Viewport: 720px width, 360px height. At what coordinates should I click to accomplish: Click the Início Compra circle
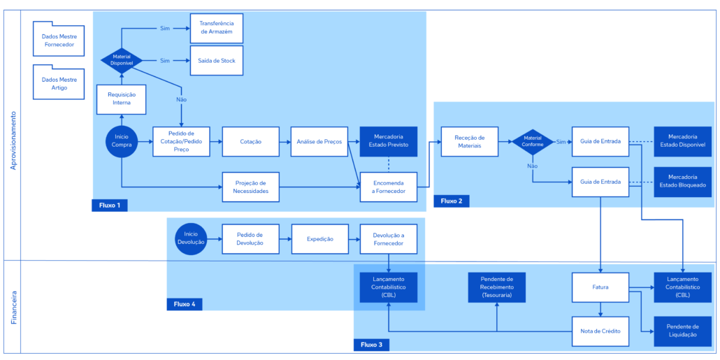coord(122,141)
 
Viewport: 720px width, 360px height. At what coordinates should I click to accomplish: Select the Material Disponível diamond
coord(122,59)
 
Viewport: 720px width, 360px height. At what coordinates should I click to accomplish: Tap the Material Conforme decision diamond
coord(533,141)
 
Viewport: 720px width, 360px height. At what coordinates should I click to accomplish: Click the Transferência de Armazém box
coord(217,28)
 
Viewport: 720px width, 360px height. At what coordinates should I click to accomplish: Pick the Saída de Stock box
coord(217,60)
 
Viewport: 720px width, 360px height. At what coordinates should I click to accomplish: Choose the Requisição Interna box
coord(122,99)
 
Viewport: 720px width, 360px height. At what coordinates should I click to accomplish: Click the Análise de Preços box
coord(319,141)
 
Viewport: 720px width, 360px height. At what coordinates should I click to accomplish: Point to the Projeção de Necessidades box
coord(251,187)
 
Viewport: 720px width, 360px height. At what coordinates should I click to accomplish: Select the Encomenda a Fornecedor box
coord(389,187)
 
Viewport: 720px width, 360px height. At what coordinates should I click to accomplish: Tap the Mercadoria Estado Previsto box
coord(389,141)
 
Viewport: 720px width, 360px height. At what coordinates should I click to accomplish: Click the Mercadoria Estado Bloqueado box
coord(682,182)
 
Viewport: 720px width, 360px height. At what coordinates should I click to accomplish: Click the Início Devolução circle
coord(191,239)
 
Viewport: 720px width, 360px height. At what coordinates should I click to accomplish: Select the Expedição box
coord(320,239)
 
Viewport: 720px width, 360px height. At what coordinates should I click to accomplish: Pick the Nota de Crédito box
coord(600,331)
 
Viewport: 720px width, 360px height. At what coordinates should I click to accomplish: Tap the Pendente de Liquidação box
coord(682,331)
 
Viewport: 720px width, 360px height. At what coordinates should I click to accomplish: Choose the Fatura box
coord(600,287)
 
